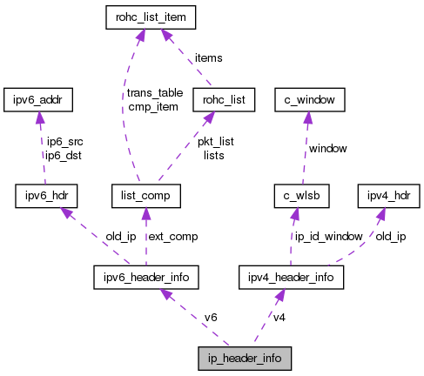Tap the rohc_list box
[x=224, y=99]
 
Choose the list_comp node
[x=146, y=196]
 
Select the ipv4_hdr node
[x=388, y=196]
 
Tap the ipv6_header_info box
[x=145, y=278]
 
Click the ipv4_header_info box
[x=291, y=278]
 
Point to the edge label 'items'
[x=208, y=57]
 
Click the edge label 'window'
[x=329, y=149]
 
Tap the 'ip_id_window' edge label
[x=327, y=236]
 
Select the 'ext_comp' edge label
[x=172, y=236]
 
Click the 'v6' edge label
[x=210, y=317]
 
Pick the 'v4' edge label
[x=279, y=317]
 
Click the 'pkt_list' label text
[x=213, y=141]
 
